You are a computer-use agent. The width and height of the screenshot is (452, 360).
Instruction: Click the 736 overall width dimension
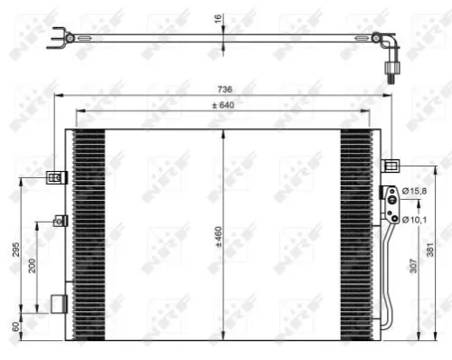point(225,89)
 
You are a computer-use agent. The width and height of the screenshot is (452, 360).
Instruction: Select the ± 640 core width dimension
point(224,105)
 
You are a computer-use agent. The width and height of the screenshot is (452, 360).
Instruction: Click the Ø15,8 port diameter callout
point(414,190)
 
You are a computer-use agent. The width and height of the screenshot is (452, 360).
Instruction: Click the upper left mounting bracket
point(55,176)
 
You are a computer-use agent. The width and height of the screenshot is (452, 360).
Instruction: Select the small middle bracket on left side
point(61,220)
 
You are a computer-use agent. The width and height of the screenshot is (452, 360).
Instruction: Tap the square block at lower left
point(59,303)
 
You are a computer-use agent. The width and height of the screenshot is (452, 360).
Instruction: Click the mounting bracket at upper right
point(391,165)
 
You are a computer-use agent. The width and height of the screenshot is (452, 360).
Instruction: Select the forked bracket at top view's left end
point(61,37)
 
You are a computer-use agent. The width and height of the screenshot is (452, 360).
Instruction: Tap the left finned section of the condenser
point(89,235)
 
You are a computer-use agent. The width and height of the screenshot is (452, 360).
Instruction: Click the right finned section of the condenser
point(356,235)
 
